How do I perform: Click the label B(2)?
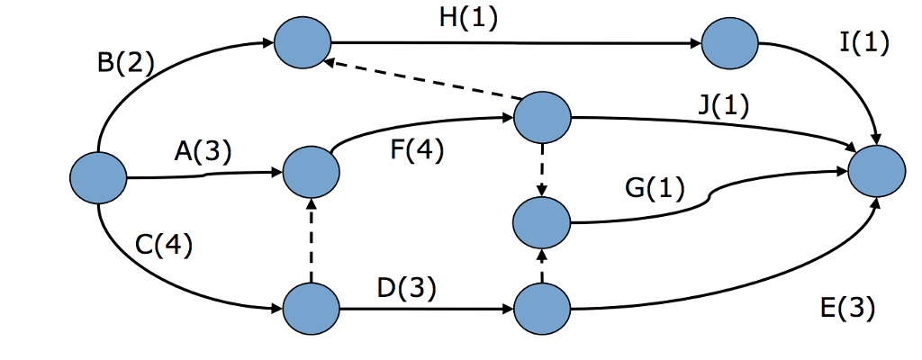tap(125, 64)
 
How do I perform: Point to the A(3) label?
tap(203, 151)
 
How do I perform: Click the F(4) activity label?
tap(416, 150)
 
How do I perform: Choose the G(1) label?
tap(654, 188)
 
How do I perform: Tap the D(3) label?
tap(407, 288)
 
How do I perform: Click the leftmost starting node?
tap(99, 177)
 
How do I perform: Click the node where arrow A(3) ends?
tap(312, 170)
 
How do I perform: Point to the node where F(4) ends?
tap(541, 116)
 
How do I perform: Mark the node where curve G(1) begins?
tap(541, 221)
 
